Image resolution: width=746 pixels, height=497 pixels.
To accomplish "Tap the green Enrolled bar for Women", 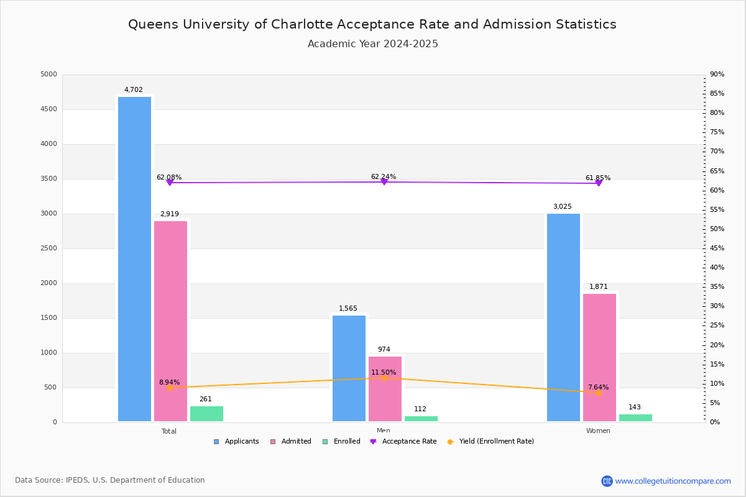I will tap(635, 418).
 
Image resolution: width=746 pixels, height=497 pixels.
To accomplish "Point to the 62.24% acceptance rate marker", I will tap(384, 181).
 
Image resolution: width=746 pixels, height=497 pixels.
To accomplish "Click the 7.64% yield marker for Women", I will tap(598, 393).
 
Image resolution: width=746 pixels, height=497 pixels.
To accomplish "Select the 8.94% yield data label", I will tap(169, 383).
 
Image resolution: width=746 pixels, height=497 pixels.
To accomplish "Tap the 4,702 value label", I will tap(133, 90).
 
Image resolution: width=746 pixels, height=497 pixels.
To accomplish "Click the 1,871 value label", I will tap(598, 287).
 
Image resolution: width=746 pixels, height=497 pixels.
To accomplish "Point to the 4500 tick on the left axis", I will tap(48, 109).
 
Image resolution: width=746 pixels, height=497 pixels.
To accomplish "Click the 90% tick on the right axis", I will tap(717, 75).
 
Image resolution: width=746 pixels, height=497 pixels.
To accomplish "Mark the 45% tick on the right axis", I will tap(717, 248).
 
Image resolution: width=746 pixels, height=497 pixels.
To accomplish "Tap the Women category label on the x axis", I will tap(598, 431).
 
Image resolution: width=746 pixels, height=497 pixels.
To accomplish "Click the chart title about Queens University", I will tap(372, 24).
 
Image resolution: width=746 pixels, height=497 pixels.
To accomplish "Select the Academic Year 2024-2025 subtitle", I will tap(372, 44).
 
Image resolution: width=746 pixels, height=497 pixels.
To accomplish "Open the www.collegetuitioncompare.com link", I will tap(673, 481).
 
